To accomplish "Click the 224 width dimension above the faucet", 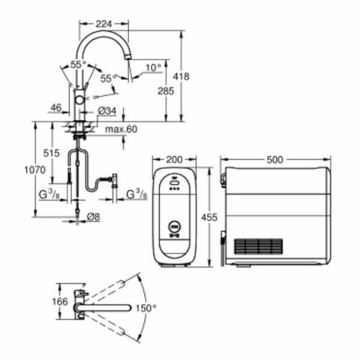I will [x=103, y=24].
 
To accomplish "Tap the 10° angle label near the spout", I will [x=153, y=67].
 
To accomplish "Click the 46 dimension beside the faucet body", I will [x=56, y=109].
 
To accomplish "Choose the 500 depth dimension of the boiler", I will [x=275, y=160].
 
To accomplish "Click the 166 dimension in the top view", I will [x=59, y=301].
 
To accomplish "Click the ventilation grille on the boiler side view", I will [x=257, y=247].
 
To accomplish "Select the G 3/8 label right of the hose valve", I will [x=137, y=194].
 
